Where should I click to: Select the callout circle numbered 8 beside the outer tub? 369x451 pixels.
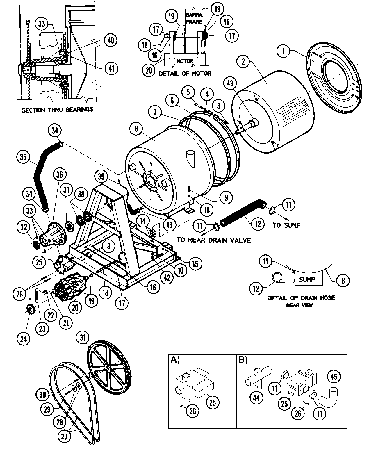tap(136, 129)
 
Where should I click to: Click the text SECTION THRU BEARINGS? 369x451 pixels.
tap(57, 110)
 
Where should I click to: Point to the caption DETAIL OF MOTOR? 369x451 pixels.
tap(185, 73)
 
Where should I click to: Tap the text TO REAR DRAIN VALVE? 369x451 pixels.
tap(214, 240)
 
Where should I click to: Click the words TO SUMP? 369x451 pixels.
tap(286, 225)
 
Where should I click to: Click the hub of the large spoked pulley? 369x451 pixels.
tap(108, 368)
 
